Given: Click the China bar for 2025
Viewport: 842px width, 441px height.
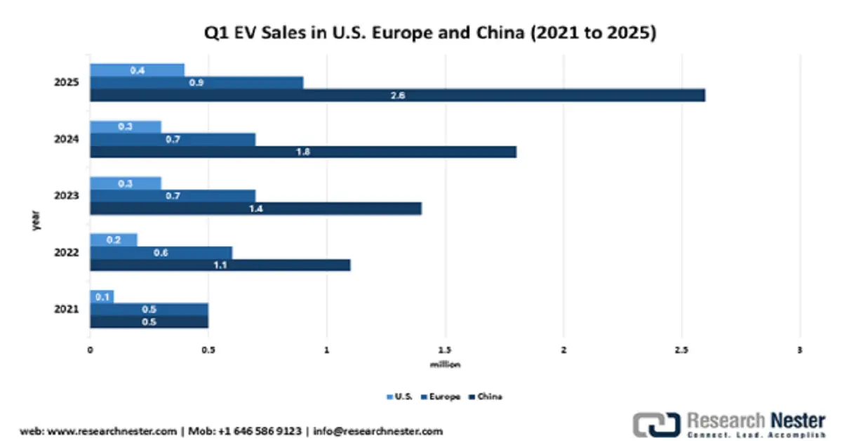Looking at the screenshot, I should pyautogui.click(x=397, y=96).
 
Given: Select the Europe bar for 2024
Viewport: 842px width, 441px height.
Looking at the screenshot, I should pyautogui.click(x=173, y=140).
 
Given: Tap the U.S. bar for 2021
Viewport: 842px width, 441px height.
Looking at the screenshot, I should pyautogui.click(x=102, y=296).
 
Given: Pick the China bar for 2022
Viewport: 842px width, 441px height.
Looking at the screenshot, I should pyautogui.click(x=220, y=265).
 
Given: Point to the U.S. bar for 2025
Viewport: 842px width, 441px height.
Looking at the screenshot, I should pyautogui.click(x=137, y=70).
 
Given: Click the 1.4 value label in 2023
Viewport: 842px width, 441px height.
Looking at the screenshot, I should pyautogui.click(x=255, y=209).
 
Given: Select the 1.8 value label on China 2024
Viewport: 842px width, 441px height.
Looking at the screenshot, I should pyautogui.click(x=303, y=152).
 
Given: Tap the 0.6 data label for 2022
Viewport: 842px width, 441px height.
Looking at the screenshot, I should pyautogui.click(x=161, y=253).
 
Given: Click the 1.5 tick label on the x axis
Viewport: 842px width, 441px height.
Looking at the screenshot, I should pyautogui.click(x=444, y=350).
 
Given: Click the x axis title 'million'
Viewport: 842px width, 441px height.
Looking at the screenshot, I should pyautogui.click(x=445, y=364).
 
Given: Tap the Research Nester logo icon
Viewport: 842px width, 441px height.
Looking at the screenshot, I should pyautogui.click(x=656, y=425).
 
